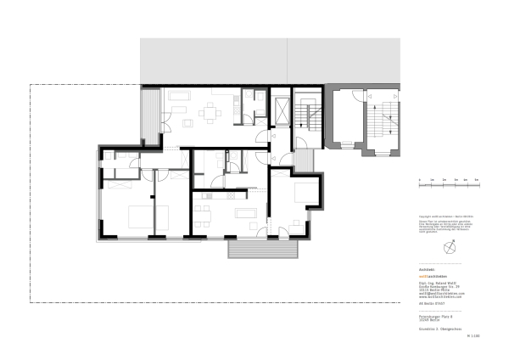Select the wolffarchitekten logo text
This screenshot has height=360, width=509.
point(434,277)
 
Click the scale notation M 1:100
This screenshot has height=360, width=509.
point(473,336)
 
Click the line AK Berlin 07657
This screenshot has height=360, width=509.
point(433,302)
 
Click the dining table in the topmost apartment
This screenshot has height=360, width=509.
point(208,111)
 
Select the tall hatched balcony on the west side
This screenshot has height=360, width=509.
point(149,115)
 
